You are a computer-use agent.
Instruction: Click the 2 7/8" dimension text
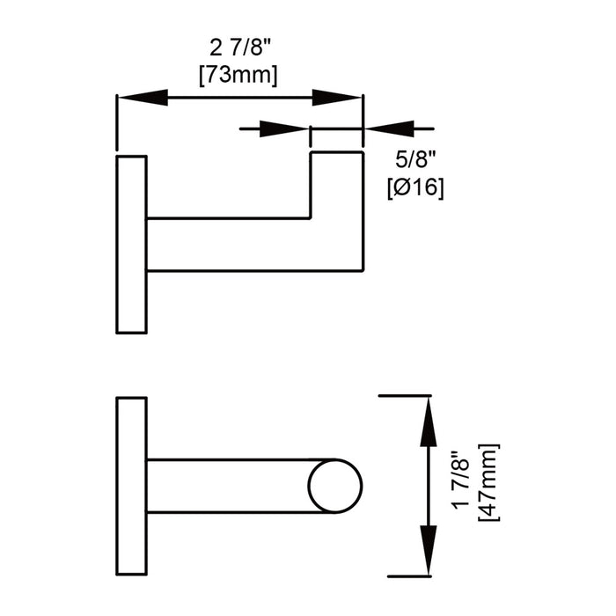pyautogui.click(x=240, y=48)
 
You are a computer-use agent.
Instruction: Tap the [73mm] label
pyautogui.click(x=238, y=74)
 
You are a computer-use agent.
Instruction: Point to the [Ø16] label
pyautogui.click(x=415, y=187)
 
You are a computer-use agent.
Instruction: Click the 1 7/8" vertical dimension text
pyautogui.click(x=461, y=480)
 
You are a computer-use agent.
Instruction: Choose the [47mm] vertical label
pyautogui.click(x=488, y=482)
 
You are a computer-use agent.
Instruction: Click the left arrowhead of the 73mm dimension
pyautogui.click(x=143, y=98)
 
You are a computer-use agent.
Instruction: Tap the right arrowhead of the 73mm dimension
pyautogui.click(x=336, y=98)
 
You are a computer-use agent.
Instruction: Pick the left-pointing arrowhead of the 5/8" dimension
pyautogui.click(x=389, y=128)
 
